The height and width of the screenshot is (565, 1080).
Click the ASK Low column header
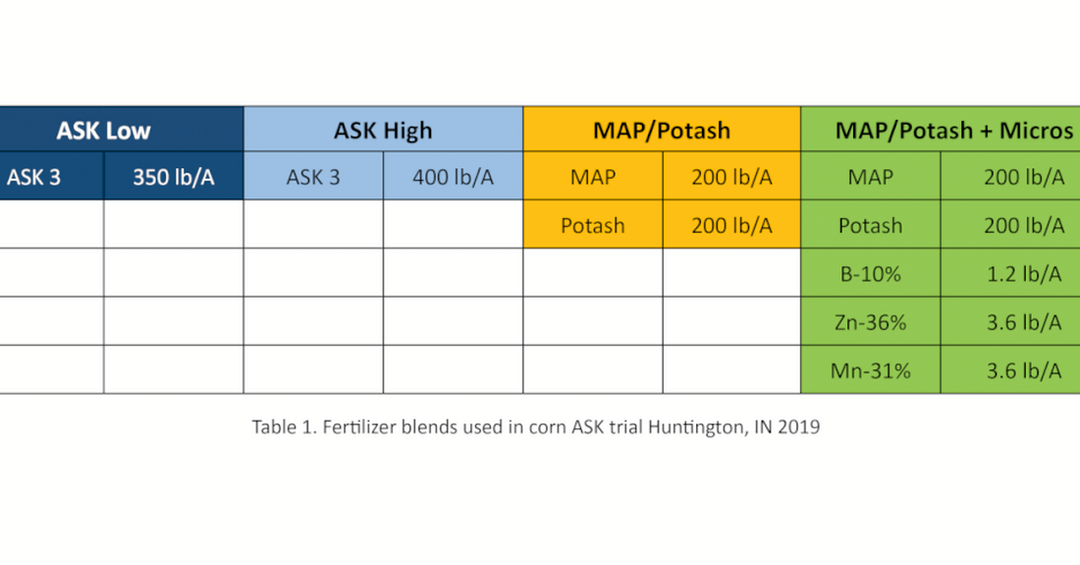point(121,130)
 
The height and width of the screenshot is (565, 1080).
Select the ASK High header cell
point(383,130)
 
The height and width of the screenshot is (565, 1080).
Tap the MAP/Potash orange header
point(662,130)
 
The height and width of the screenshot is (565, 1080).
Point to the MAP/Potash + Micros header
point(941,130)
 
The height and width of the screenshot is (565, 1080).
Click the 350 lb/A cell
point(174,177)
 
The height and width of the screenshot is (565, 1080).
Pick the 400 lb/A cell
point(453,177)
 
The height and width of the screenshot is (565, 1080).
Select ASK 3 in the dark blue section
point(52,177)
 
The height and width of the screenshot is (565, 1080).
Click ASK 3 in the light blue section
point(313,177)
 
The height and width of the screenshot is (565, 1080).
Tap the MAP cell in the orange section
point(593,177)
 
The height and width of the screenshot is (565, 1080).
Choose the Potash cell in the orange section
point(593,225)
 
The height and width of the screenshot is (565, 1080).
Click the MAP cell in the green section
point(871,177)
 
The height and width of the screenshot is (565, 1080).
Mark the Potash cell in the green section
point(871,225)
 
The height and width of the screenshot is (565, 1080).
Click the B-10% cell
point(871,273)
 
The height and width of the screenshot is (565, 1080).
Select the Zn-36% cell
point(871,321)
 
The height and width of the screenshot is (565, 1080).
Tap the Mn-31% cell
point(871,370)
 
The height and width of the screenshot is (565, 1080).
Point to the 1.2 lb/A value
point(1023,273)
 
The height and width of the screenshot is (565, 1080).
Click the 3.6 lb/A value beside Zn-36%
point(1023,321)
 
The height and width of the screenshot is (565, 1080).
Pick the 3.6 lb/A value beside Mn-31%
point(1023,370)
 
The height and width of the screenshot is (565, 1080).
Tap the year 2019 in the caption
point(799,427)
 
